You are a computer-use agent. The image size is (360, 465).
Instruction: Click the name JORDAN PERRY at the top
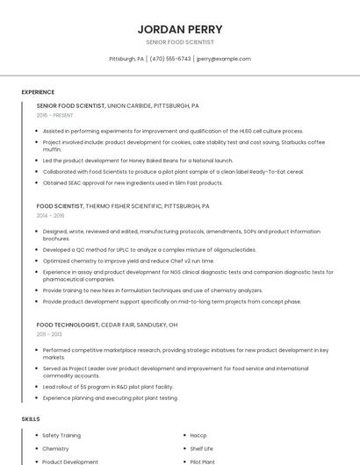[180, 29]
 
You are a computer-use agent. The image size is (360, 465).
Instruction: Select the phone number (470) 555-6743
[170, 59]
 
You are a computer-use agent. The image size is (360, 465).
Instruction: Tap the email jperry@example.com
[224, 59]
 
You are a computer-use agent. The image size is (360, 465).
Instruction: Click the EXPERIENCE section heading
[38, 92]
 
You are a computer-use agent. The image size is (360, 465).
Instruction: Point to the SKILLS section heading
[31, 419]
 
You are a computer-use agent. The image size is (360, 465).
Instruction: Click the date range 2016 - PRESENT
[55, 115]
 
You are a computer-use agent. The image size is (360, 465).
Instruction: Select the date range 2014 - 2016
[51, 215]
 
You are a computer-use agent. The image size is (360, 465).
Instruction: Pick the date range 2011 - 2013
[49, 334]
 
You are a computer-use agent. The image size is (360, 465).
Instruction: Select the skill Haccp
[198, 435]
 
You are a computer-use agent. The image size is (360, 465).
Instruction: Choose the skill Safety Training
[61, 435]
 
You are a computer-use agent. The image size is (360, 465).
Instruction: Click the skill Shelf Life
[202, 448]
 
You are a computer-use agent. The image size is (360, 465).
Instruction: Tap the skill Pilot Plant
[203, 461]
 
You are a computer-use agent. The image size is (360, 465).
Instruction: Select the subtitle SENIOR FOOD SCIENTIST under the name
[180, 42]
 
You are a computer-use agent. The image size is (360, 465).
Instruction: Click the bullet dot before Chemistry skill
[37, 448]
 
